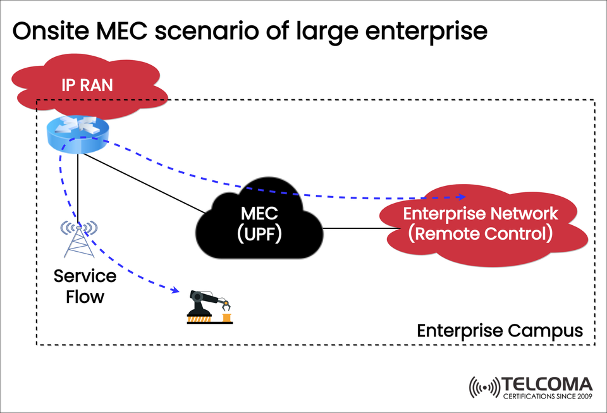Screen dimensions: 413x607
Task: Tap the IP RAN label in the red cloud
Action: tap(87, 84)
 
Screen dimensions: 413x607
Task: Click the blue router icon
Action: tap(77, 134)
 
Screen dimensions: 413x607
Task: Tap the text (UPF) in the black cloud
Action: tap(259, 235)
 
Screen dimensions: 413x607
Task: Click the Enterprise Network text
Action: tap(481, 213)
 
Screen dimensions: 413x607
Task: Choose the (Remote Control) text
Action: tap(481, 233)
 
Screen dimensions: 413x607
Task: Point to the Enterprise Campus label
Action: tap(500, 331)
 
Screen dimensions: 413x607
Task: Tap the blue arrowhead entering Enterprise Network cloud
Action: tap(465, 197)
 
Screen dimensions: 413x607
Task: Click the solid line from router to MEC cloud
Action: tap(145, 184)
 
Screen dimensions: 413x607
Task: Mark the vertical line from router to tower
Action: tap(78, 183)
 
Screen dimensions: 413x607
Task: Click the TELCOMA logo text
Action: tap(547, 384)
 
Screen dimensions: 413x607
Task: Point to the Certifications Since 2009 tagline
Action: tap(547, 397)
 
